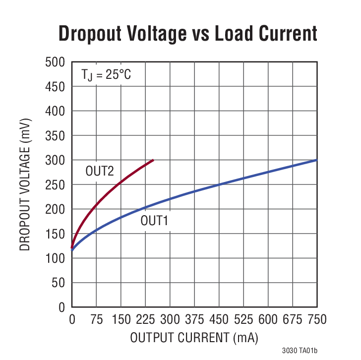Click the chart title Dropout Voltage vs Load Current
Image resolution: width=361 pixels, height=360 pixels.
[x=188, y=33]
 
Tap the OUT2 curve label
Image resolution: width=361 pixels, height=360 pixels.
[x=100, y=172]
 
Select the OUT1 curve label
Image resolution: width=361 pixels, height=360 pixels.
[x=155, y=221]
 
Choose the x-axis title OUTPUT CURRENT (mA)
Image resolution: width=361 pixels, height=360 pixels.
[x=194, y=338]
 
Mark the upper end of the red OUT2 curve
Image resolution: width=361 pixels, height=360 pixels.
[x=153, y=160]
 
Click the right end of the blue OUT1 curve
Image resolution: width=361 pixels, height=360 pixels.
[x=316, y=160]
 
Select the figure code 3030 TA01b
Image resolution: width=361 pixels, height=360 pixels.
[x=301, y=350]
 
